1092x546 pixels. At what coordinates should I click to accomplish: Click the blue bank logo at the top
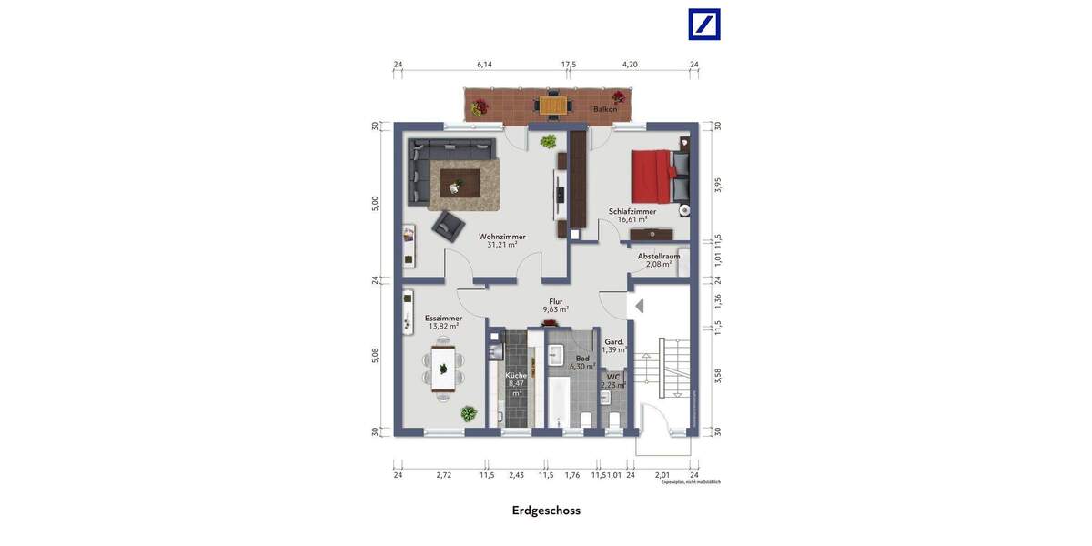[x=704, y=25]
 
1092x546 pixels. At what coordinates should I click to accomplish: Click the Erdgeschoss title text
[x=546, y=511]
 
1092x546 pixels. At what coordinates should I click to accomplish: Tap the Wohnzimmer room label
[x=502, y=237]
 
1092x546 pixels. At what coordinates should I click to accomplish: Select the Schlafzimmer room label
[x=632, y=212]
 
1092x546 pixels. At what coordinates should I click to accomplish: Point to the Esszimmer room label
[x=443, y=318]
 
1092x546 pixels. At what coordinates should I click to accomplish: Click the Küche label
[x=516, y=375]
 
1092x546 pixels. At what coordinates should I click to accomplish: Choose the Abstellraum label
[x=659, y=257]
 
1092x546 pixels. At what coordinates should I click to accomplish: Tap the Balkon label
[x=605, y=109]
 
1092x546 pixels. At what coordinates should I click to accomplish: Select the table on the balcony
[x=552, y=105]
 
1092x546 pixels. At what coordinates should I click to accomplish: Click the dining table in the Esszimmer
[x=443, y=368]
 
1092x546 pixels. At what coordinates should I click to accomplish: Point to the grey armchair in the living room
[x=448, y=225]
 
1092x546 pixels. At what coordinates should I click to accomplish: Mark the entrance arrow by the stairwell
[x=639, y=306]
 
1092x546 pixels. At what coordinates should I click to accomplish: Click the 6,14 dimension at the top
[x=484, y=65]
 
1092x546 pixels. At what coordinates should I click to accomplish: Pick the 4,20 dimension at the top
[x=630, y=65]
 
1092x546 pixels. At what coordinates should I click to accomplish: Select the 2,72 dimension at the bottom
[x=443, y=475]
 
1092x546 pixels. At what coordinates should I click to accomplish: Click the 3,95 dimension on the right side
[x=717, y=185]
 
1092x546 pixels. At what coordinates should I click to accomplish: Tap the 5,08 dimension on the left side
[x=375, y=355]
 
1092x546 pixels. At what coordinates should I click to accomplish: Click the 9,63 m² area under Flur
[x=555, y=309]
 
